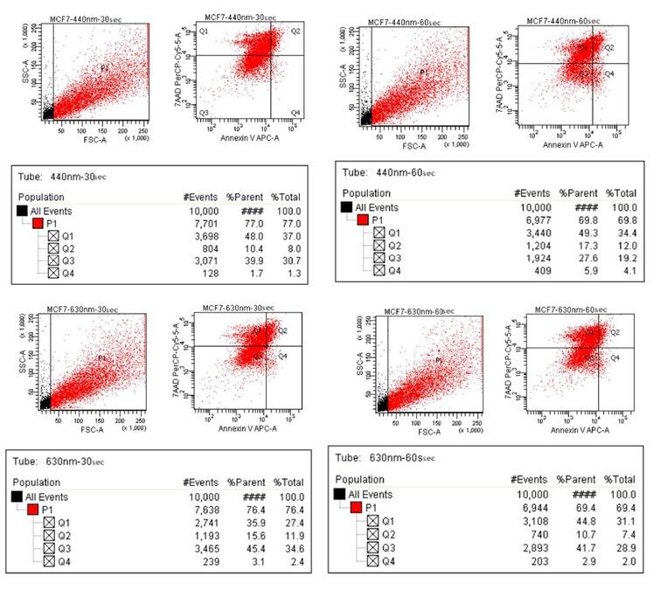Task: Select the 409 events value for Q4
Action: tap(537, 270)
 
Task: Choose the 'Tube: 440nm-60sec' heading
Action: tap(391, 173)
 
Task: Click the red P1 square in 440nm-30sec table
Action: tap(38, 224)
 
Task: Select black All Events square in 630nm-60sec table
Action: tap(342, 494)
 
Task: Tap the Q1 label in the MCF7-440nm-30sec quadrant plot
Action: tap(203, 31)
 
